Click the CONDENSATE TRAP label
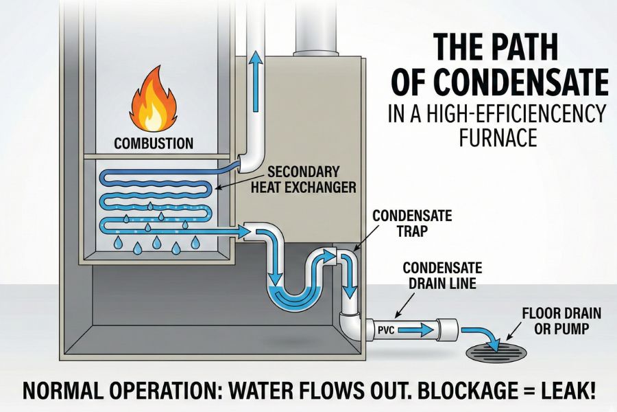[x=412, y=223]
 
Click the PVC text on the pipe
[x=385, y=330]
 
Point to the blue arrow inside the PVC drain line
[x=417, y=330]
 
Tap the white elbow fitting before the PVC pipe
[x=350, y=323]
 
